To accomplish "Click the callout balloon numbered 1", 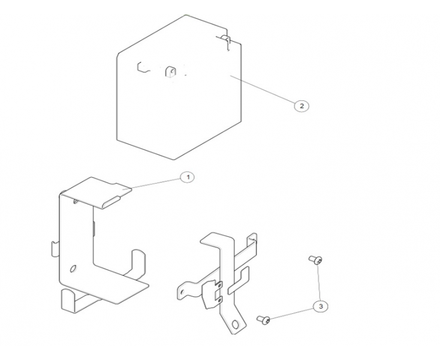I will (x=188, y=177).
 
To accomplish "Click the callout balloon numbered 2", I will (x=302, y=106).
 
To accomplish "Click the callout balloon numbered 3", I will (x=321, y=307).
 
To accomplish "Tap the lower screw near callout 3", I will (x=263, y=319).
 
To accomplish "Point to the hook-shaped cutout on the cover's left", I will (x=142, y=67).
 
